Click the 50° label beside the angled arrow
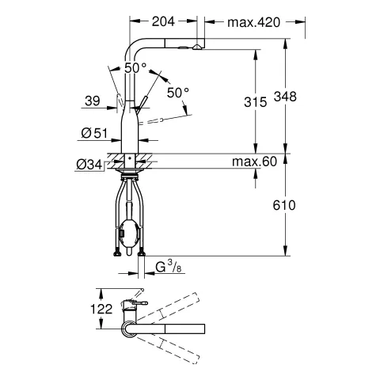178,93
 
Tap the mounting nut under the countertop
129,170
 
